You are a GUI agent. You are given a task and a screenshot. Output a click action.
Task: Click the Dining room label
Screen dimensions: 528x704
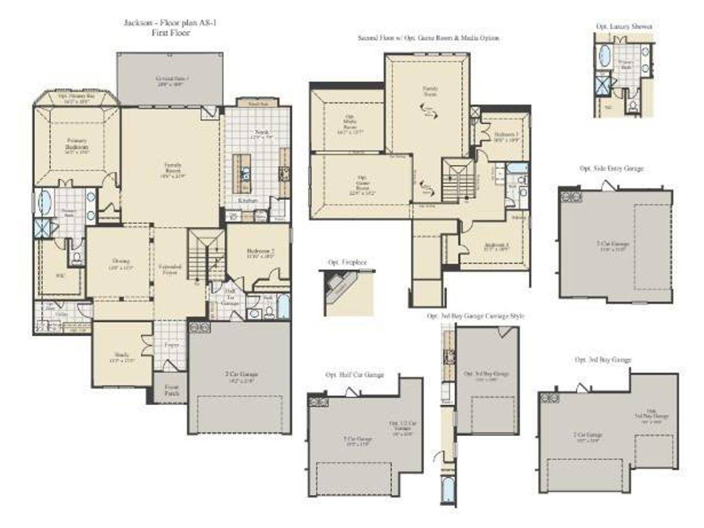click(121, 264)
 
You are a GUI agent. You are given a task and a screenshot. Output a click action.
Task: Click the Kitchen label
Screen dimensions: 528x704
click(247, 202)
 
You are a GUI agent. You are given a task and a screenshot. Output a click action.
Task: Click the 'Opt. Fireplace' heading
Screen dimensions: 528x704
click(346, 263)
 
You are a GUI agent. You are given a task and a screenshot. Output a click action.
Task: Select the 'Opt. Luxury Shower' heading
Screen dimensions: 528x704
click(624, 26)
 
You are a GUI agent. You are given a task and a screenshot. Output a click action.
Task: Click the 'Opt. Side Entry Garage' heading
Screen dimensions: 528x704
click(611, 168)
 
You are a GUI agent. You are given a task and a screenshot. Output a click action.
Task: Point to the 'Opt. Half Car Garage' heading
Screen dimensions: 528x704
click(355, 375)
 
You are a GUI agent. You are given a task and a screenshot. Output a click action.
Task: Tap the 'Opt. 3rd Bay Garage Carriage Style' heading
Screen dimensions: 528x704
click(475, 316)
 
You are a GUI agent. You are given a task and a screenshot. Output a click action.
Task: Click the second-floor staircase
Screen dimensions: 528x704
click(458, 180)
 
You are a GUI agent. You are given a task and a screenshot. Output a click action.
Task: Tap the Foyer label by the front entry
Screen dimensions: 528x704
click(171, 345)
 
